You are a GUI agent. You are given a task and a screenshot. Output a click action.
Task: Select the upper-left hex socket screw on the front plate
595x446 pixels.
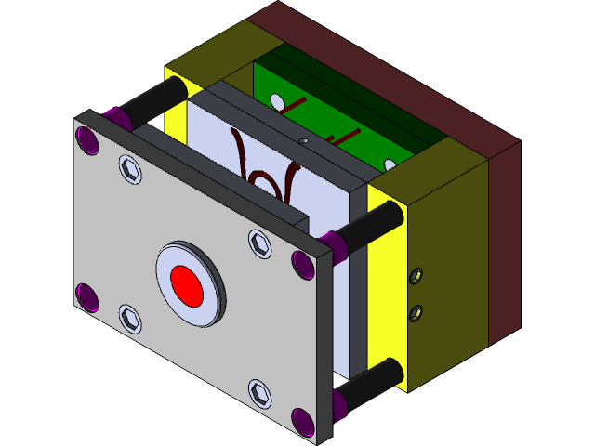pyautogui.click(x=129, y=169)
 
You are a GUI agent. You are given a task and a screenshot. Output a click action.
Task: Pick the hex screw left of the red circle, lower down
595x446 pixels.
pyautogui.click(x=131, y=320)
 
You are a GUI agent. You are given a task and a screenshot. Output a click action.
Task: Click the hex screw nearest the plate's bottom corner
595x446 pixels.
pyautogui.click(x=261, y=394)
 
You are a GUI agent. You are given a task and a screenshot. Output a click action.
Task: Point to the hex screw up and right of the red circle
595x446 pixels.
pyautogui.click(x=259, y=243)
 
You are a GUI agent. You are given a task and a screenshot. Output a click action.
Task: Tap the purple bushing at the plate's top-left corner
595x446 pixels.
pyautogui.click(x=88, y=140)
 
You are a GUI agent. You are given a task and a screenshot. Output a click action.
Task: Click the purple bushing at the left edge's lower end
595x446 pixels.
pyautogui.click(x=86, y=298)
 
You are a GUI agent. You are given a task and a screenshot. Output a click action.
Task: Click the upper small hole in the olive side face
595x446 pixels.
pyautogui.click(x=417, y=275)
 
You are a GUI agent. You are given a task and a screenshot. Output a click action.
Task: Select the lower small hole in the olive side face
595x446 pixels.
pyautogui.click(x=416, y=311)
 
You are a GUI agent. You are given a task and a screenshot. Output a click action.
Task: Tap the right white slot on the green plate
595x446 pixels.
pyautogui.click(x=390, y=165)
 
